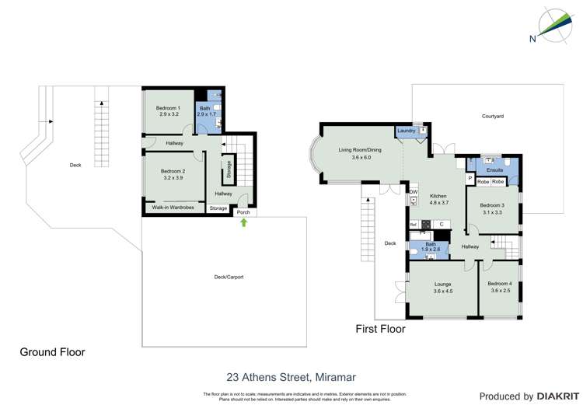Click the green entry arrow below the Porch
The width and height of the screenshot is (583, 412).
tap(246, 222)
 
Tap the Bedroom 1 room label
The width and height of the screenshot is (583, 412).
tap(168, 108)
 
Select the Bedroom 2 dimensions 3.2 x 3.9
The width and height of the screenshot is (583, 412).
tap(173, 177)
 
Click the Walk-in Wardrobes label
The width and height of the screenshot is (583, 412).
tap(173, 208)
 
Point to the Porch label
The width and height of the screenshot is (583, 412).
tap(243, 211)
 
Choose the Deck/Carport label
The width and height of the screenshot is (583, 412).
tap(229, 277)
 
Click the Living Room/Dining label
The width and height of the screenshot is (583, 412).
tap(359, 150)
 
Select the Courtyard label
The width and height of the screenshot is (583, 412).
tap(492, 116)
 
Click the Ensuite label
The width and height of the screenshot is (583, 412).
tap(495, 169)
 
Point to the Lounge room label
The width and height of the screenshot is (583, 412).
tap(443, 285)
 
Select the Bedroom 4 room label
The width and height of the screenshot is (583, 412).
tap(501, 285)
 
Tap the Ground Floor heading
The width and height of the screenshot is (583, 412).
tap(52, 352)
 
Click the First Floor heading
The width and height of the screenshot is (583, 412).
tap(380, 329)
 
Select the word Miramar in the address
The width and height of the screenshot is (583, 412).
tap(333, 377)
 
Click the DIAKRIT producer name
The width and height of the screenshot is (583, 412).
tap(554, 396)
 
